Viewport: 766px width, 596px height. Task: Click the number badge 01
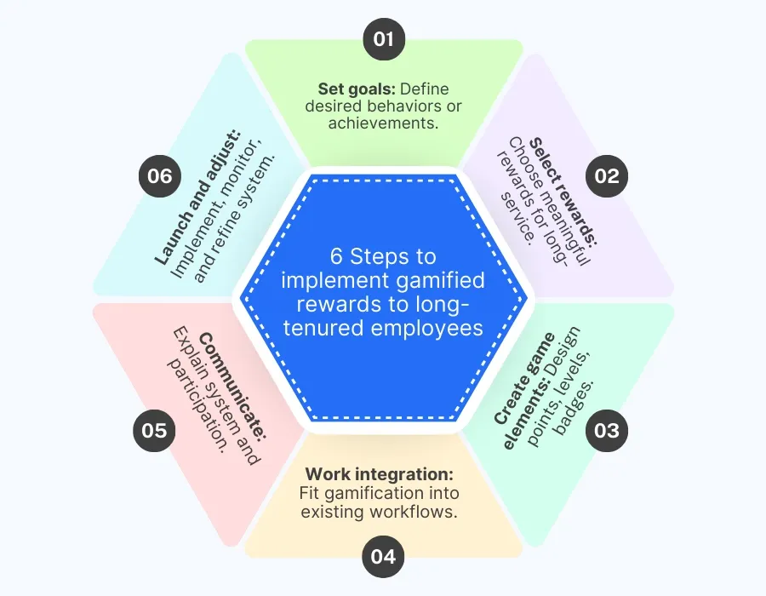384,39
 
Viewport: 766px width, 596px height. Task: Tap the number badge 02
607,177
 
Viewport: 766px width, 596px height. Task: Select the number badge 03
607,431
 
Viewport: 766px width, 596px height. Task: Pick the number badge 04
384,558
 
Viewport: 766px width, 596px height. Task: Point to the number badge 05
154,431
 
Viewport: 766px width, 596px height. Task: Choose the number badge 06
159,177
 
